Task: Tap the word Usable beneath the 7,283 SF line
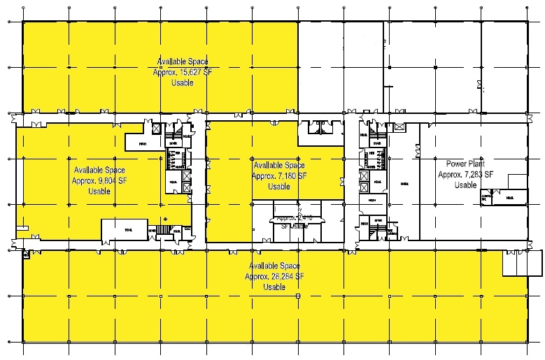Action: pyautogui.click(x=465, y=185)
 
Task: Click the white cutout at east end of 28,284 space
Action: pyautogui.click(x=522, y=263)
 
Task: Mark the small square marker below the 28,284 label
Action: pyautogui.click(x=298, y=297)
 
